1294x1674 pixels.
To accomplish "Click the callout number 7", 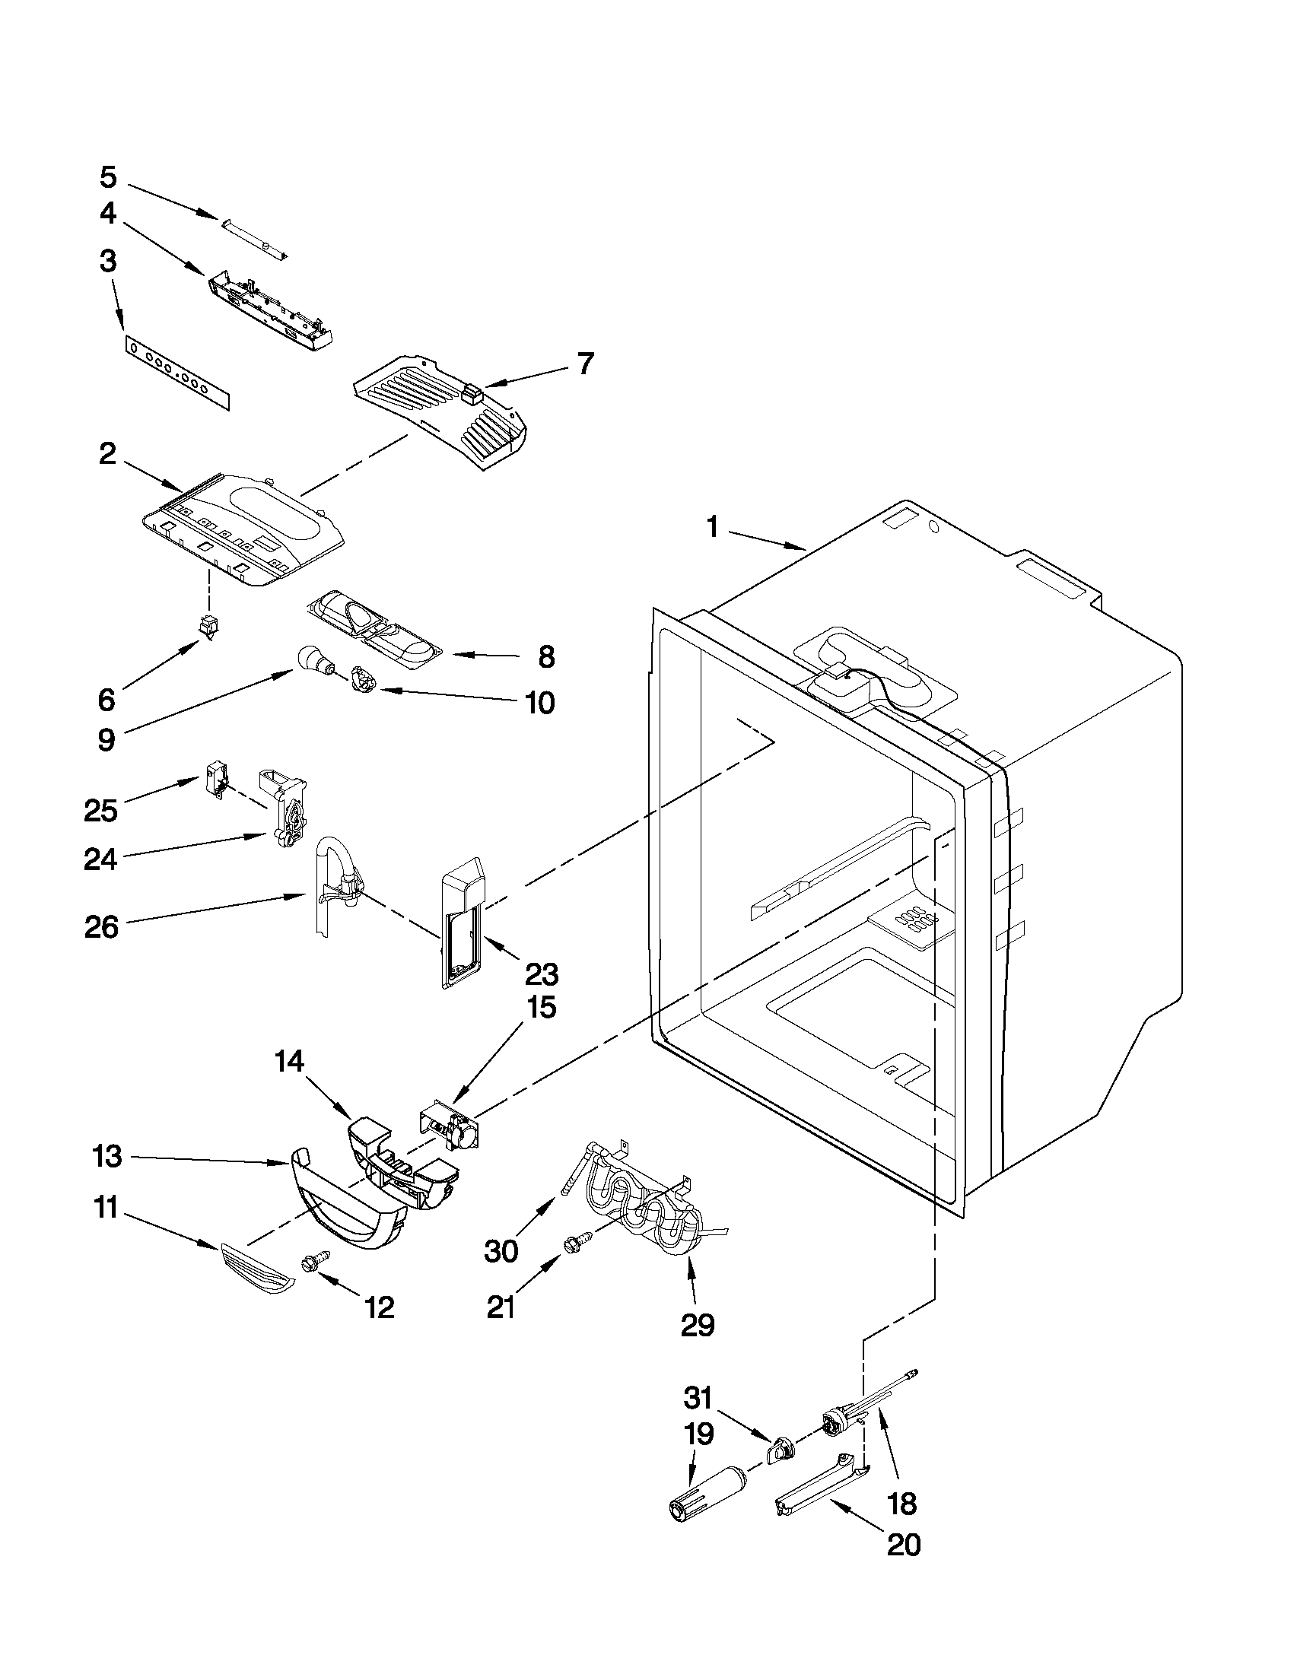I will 585,364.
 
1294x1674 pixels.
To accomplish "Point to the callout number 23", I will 541,974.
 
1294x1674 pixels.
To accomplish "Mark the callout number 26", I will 102,927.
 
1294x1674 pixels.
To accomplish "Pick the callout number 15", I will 541,1007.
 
